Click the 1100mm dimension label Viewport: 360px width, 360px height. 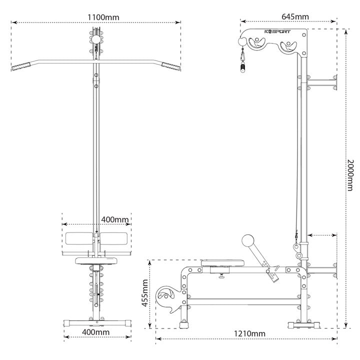pos(103,17)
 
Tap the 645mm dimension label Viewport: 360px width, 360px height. pos(295,17)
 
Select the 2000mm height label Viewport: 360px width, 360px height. pos(350,175)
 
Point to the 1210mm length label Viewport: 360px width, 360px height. pos(249,333)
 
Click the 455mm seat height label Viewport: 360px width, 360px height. pos(145,293)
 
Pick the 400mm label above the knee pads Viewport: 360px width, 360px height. pos(115,219)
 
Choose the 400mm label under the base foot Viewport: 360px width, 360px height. pos(95,332)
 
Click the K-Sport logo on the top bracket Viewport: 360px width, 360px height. pos(277,31)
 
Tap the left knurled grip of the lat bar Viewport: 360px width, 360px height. pos(21,66)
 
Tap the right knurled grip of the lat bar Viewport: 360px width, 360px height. pos(171,66)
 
